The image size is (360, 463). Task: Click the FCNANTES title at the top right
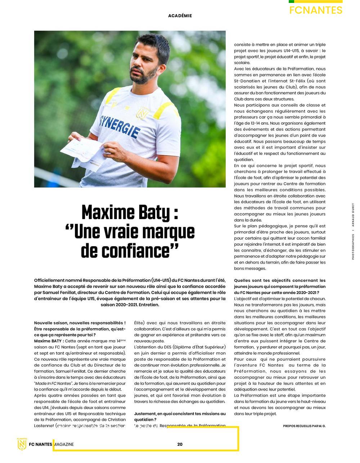(316, 10)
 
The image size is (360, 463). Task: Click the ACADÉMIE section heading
(180, 16)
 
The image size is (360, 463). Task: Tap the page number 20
(180, 444)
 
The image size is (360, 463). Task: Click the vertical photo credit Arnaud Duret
(353, 216)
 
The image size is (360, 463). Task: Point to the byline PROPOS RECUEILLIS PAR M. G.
(304, 426)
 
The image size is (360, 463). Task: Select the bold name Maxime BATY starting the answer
(49, 341)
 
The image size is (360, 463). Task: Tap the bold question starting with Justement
(180, 417)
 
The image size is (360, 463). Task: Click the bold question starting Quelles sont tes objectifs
(280, 286)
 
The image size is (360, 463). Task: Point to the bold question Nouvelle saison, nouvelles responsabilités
(80, 329)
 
